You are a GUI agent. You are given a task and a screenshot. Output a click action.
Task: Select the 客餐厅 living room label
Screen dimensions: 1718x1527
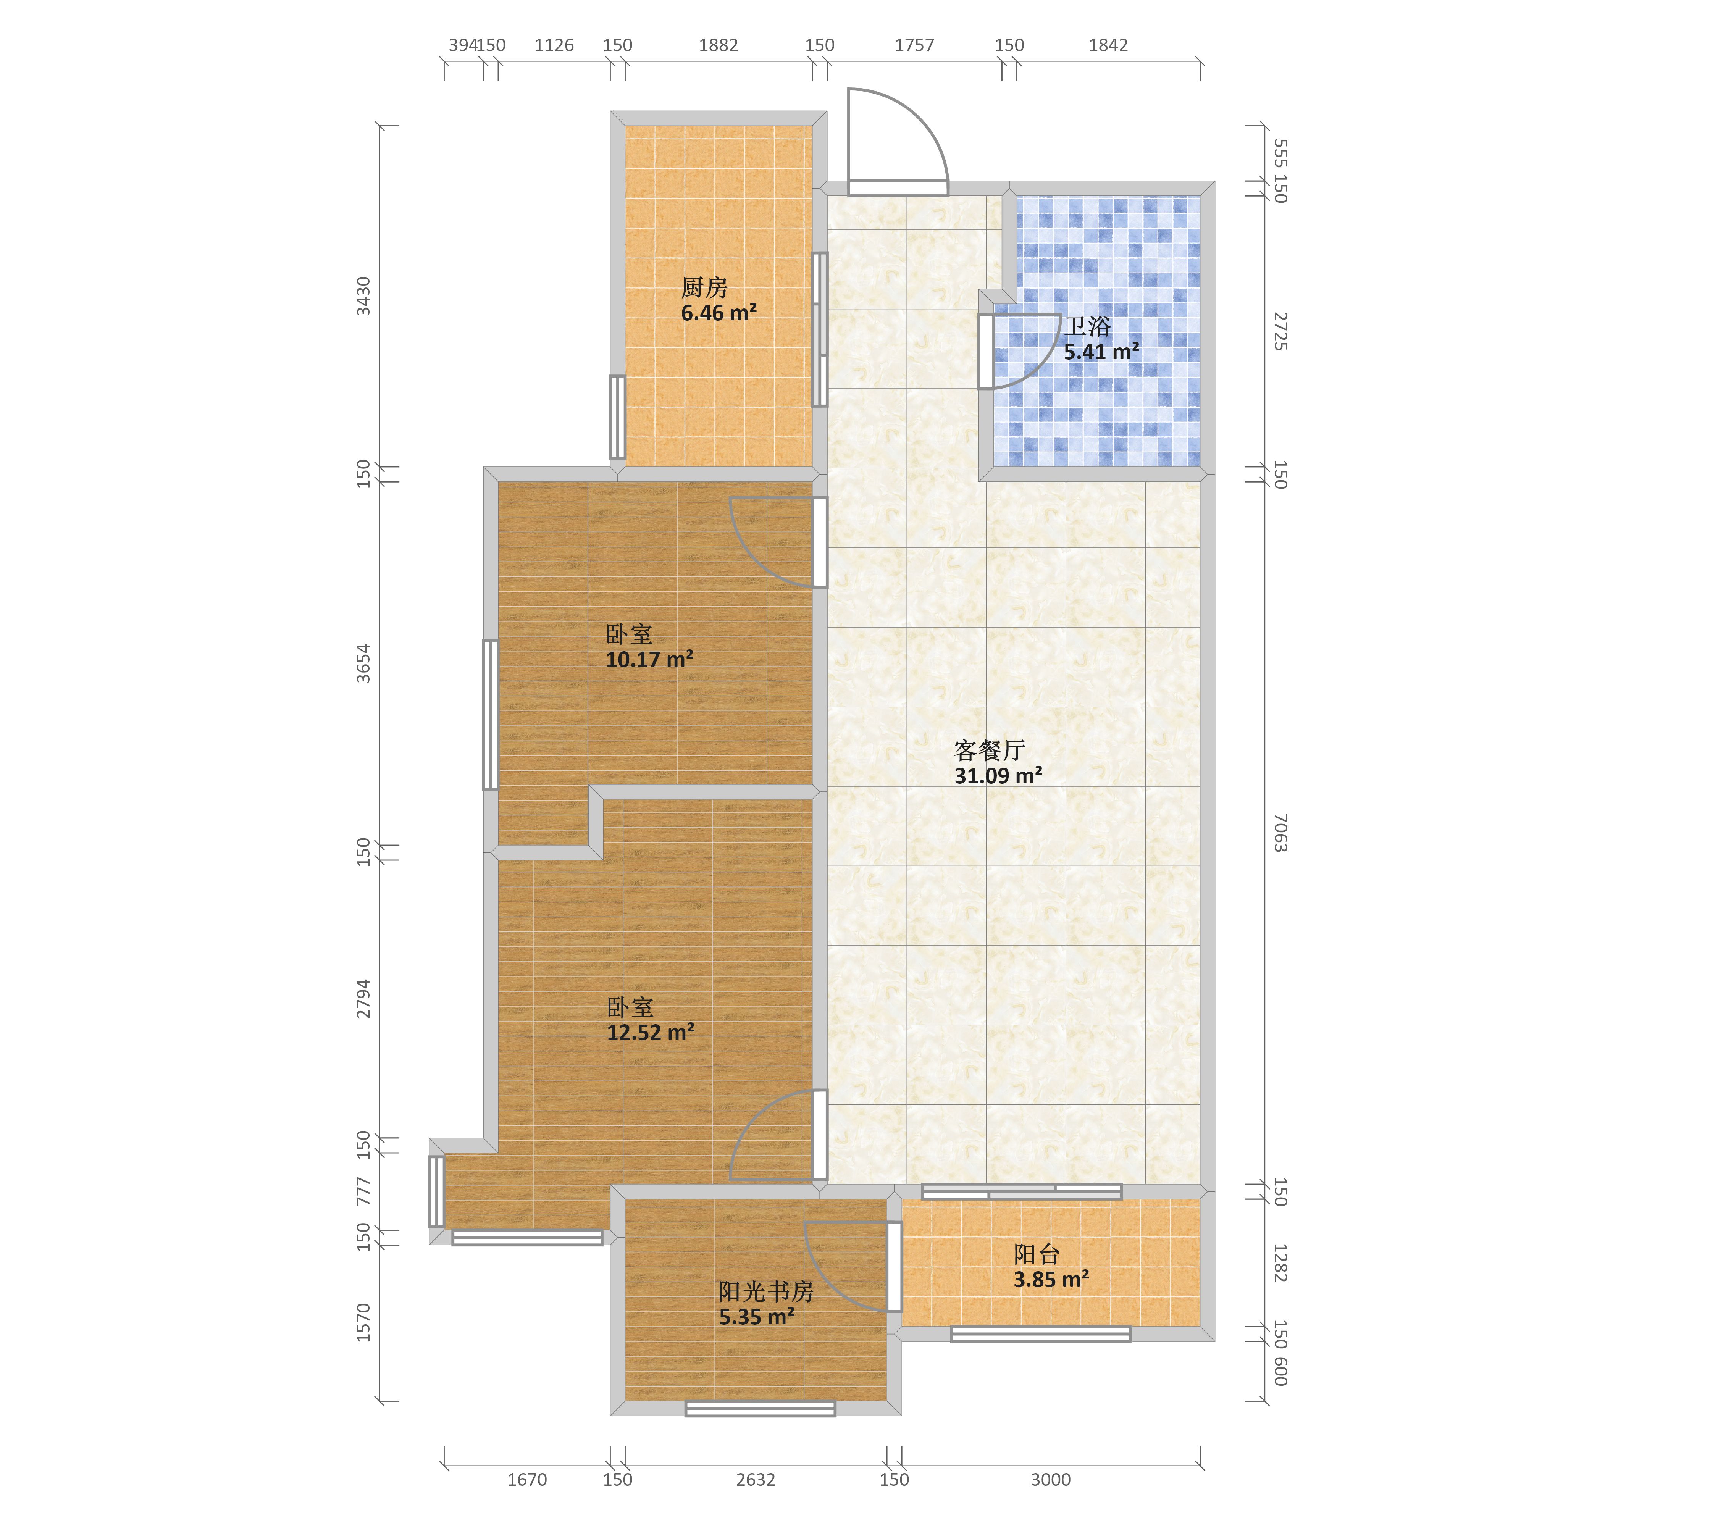[989, 751]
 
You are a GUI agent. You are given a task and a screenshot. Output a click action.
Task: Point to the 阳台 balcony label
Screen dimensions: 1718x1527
[1037, 1255]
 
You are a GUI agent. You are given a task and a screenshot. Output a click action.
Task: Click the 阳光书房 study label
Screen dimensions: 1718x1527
[766, 1292]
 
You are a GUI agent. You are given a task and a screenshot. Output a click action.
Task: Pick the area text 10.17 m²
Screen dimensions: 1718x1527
[650, 660]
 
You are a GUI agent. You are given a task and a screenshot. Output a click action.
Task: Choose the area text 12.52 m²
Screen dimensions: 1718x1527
[651, 1033]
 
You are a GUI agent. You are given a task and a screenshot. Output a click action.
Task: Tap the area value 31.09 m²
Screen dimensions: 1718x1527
[998, 776]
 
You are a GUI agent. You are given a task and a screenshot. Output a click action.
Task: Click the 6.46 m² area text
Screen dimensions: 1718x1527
[719, 313]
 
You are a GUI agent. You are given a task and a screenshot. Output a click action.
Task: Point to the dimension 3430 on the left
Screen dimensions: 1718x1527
[363, 296]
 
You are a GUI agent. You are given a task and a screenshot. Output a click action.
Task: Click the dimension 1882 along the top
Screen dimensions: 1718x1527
[719, 45]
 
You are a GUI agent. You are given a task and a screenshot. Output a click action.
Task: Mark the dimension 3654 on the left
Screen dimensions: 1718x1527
[363, 663]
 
